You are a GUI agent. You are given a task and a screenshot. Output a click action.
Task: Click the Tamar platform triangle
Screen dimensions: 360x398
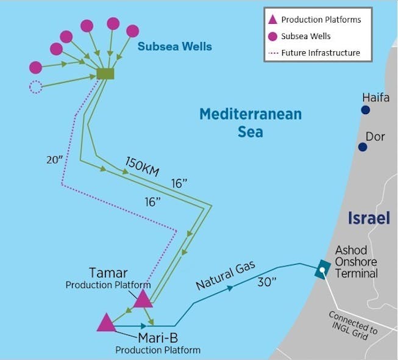point(143,299)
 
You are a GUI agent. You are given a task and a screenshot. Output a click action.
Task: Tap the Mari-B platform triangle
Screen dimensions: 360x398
point(106,323)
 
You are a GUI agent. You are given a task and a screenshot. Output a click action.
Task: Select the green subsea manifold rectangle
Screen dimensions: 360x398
point(105,73)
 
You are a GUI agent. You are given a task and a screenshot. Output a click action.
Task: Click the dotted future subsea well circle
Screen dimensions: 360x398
point(36,87)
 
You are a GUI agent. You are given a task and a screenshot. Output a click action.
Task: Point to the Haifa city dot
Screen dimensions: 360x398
point(365,110)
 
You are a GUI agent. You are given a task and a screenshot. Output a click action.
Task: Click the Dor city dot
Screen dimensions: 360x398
point(363,147)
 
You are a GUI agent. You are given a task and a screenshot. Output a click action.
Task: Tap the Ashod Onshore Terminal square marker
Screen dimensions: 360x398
point(322,269)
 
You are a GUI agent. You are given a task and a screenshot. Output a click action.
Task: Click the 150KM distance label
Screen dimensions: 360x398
point(142,166)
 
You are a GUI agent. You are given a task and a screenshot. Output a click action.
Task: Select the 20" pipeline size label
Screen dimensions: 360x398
point(55,160)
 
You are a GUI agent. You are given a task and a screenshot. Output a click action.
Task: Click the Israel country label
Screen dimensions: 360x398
point(368,218)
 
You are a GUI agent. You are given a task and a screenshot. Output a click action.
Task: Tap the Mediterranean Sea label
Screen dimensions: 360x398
point(251,122)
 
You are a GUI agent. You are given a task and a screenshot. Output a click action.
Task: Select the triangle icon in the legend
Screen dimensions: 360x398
point(274,20)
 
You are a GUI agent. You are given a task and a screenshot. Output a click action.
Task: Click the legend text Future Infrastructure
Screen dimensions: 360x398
point(321,52)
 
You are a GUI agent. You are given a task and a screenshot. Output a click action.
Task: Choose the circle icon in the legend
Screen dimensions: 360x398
point(274,36)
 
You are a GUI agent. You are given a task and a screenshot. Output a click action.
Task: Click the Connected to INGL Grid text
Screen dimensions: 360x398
point(353,330)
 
